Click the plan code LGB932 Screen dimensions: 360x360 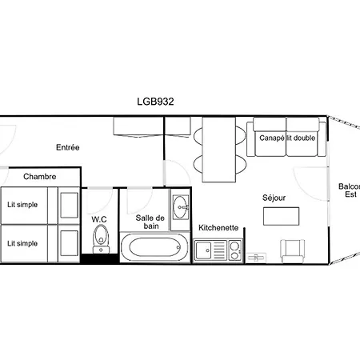click(x=155, y=102)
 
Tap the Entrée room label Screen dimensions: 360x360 click(x=68, y=147)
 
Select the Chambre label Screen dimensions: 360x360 click(x=40, y=177)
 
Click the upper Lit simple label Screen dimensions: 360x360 click(x=22, y=205)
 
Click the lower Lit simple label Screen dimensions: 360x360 click(x=22, y=243)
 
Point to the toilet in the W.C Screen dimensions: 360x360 click(x=101, y=239)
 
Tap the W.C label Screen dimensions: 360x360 click(x=99, y=219)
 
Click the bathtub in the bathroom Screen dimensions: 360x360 click(x=154, y=248)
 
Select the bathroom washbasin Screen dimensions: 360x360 click(x=181, y=207)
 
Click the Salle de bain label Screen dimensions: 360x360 click(x=150, y=222)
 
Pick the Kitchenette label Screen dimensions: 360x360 click(x=218, y=228)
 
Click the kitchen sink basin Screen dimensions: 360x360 click(x=203, y=250)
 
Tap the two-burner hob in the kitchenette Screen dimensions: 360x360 click(x=234, y=250)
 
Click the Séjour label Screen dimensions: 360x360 click(x=274, y=198)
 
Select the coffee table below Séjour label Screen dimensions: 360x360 click(x=281, y=216)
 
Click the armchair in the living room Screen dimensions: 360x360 click(x=293, y=251)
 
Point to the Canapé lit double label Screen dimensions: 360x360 click(x=287, y=138)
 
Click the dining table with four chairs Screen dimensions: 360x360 click(x=219, y=150)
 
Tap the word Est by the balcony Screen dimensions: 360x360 click(x=350, y=194)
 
